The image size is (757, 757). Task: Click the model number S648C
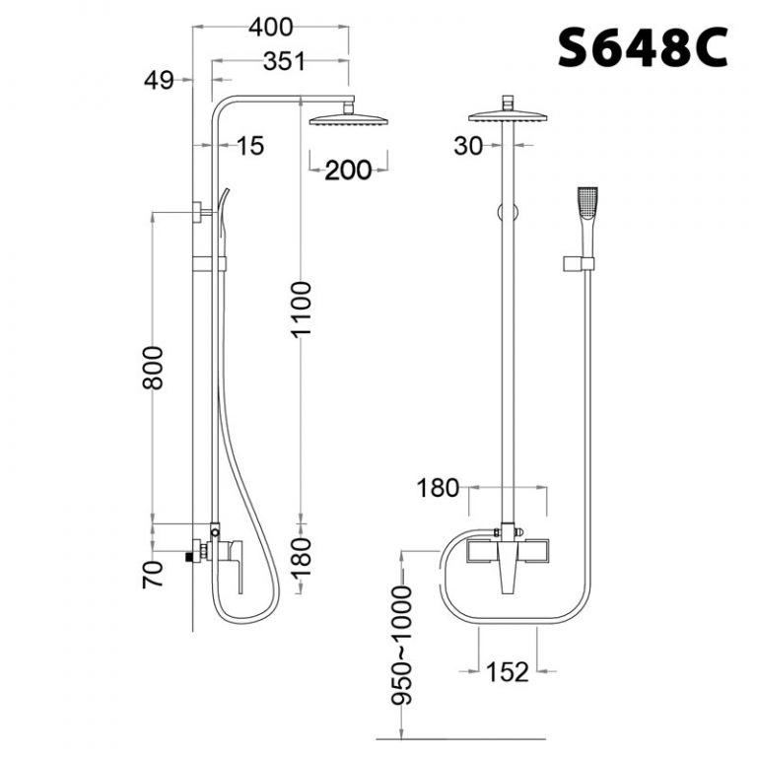coord(642,47)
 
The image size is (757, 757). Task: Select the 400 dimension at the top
coord(270,27)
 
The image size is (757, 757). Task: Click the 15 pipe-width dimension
coord(250,146)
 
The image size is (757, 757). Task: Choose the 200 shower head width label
coord(348,170)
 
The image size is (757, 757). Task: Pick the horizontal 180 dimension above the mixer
coord(439,487)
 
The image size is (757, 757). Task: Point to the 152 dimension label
coord(508,672)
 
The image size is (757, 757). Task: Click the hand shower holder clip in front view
coord(580,263)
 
